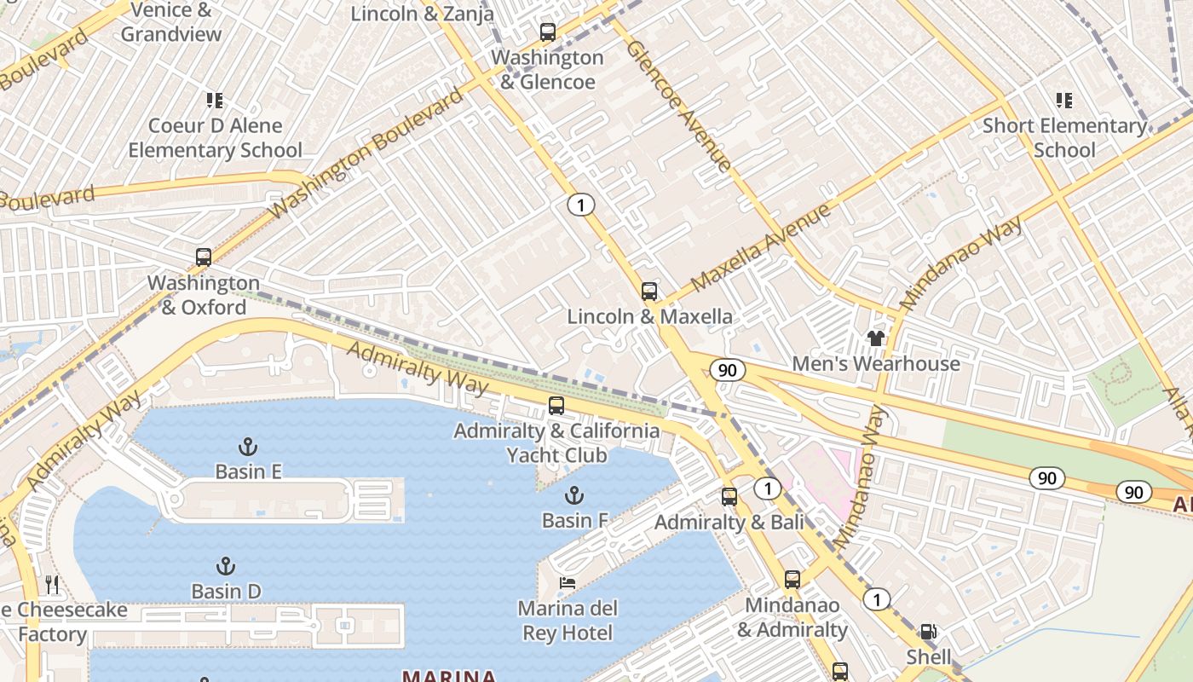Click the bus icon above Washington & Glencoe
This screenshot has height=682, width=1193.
[548, 32]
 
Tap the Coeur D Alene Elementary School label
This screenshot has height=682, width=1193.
[215, 138]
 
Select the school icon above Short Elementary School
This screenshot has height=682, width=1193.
[1063, 101]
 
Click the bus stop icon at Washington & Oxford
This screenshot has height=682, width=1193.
[203, 257]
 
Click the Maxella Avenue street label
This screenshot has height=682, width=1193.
[760, 248]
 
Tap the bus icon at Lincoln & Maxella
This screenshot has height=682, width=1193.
[649, 292]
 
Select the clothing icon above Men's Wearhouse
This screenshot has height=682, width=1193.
[875, 338]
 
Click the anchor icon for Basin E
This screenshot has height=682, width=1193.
[247, 447]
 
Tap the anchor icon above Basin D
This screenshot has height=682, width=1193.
[225, 566]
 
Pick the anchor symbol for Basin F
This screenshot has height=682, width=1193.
[574, 495]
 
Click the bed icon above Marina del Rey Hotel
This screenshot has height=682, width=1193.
[568, 583]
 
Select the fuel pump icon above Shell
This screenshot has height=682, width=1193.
[928, 633]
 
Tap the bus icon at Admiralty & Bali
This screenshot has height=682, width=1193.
[729, 497]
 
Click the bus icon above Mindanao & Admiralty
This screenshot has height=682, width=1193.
[792, 580]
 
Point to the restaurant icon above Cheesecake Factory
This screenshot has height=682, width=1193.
[53, 585]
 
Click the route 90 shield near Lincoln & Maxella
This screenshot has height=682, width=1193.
[726, 370]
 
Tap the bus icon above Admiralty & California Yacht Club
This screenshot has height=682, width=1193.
[556, 406]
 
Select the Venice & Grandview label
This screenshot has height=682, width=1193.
[171, 23]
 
